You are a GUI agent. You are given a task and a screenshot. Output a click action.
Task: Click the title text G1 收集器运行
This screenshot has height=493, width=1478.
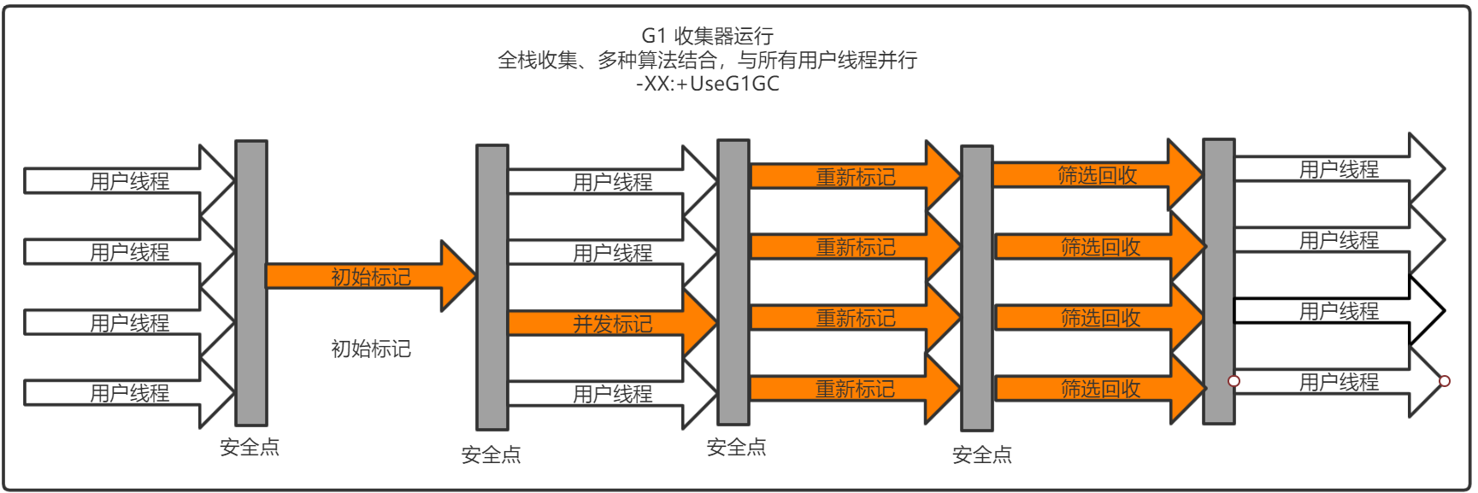(707, 36)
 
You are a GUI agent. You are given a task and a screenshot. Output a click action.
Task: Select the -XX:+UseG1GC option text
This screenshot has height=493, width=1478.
(707, 84)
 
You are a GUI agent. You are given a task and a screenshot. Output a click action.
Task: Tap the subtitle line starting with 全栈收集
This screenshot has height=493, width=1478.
(707, 60)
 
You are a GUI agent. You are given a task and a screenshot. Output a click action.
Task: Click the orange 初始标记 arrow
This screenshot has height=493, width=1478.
(371, 276)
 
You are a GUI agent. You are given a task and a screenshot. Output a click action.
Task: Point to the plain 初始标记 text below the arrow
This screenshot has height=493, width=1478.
(371, 349)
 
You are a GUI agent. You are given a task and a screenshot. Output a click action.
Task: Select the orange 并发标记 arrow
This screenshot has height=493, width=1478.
(612, 324)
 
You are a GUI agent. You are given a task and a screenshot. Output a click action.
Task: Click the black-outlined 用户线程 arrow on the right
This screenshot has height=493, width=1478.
(1339, 311)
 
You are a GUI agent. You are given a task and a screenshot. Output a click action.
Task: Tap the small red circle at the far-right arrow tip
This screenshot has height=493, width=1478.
(1444, 381)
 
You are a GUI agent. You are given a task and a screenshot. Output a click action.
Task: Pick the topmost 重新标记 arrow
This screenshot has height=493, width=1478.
(855, 177)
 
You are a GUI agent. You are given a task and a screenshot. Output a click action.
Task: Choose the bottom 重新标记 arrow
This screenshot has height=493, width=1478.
(855, 389)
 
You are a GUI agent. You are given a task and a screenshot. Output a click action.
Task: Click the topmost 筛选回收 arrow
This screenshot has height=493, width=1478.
(1097, 175)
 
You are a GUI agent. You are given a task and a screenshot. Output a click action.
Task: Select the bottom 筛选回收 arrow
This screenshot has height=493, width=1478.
(1100, 389)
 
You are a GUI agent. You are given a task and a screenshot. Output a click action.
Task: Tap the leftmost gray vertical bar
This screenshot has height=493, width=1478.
(251, 282)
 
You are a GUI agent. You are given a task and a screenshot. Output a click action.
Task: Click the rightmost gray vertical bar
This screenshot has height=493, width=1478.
(1218, 282)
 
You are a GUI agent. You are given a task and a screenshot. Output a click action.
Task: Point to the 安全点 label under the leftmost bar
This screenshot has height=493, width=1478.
(250, 447)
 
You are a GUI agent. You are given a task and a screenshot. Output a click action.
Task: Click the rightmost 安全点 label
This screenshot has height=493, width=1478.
(982, 455)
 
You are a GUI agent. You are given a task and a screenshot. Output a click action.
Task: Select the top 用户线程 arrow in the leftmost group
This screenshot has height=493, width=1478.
(129, 181)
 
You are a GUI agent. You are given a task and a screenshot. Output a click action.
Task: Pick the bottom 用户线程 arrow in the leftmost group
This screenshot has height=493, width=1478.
(129, 393)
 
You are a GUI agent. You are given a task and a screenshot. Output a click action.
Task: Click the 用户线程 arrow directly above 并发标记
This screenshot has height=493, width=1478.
(612, 253)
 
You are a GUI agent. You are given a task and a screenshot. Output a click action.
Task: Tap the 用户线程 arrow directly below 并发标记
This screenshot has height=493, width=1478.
(612, 394)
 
